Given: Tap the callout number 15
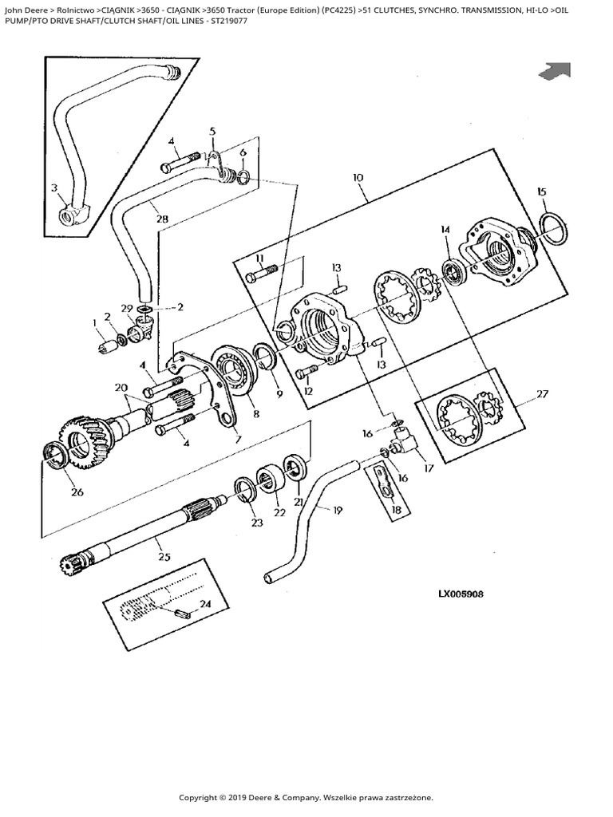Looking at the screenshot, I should coord(542,191).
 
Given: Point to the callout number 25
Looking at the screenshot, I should coord(164,556).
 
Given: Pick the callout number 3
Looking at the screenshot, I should coord(54,188).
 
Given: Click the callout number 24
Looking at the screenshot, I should coord(205,604).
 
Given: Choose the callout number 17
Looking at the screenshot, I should coord(429,468).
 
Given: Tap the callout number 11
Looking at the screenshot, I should coord(260,259).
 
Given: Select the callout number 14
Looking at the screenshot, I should coord(445,230).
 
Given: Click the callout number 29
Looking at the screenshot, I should coord(127,308).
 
